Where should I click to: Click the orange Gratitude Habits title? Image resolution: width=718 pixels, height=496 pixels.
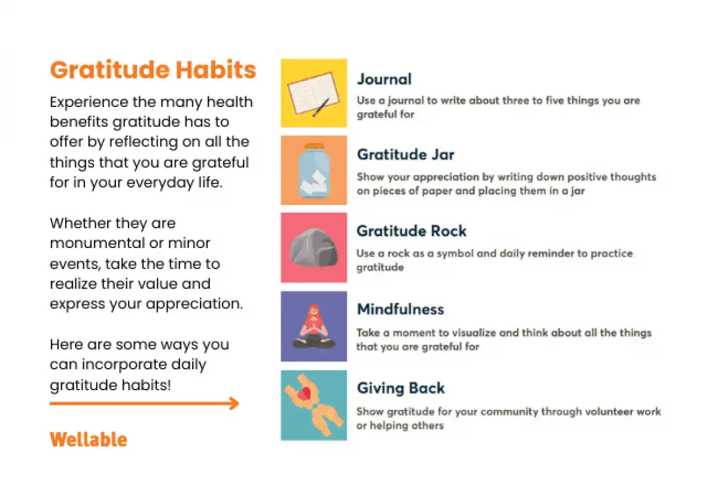point(153,69)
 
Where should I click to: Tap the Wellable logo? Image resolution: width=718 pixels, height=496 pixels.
point(89,439)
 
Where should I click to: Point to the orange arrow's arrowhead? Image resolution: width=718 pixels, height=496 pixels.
point(235,403)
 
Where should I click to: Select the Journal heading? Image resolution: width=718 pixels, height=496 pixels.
point(384,79)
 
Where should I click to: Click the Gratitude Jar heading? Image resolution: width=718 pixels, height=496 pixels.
point(406,154)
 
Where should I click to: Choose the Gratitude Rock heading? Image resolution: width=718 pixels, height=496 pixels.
point(411,231)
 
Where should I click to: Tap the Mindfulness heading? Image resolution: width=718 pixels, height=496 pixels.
point(400,310)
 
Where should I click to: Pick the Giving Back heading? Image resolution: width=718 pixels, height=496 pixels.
point(401,388)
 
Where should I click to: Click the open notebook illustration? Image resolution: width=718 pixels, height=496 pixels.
point(314,93)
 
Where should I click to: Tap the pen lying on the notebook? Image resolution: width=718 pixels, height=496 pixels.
point(321,108)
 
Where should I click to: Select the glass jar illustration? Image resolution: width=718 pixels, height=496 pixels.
point(314,171)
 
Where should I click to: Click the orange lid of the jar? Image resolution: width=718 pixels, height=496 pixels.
point(314,146)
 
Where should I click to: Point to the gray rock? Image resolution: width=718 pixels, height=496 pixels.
point(314,247)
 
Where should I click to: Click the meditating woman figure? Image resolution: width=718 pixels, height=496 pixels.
point(314,326)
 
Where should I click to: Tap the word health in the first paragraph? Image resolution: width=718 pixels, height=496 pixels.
point(230,102)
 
